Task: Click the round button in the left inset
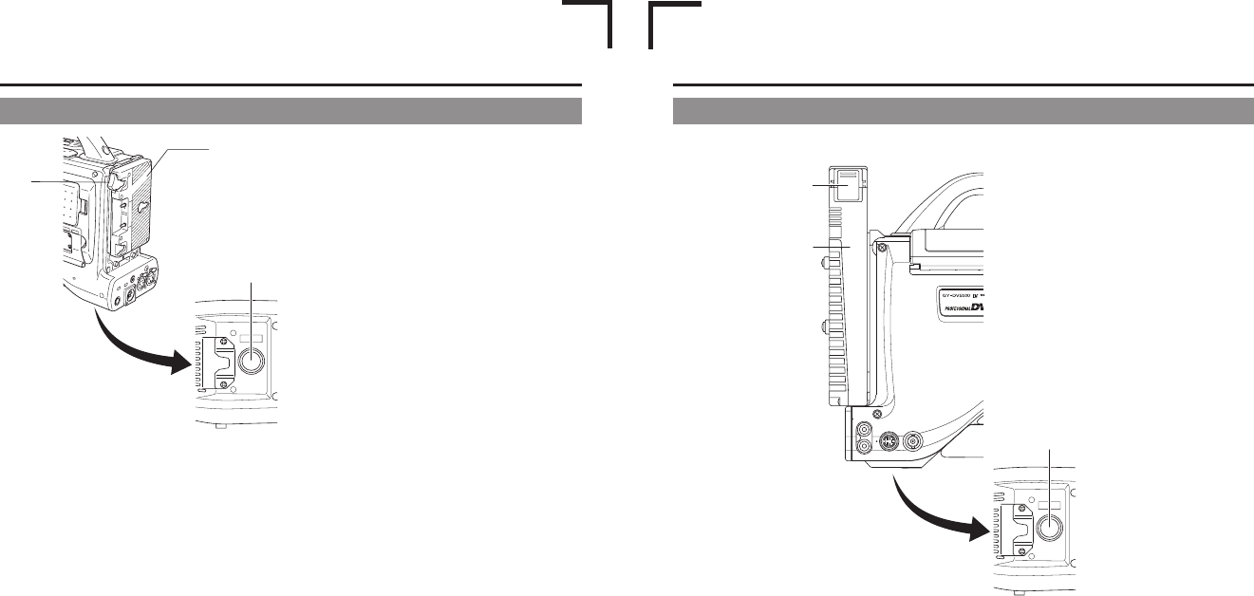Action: pyautogui.click(x=252, y=362)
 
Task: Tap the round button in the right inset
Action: pyautogui.click(x=1050, y=527)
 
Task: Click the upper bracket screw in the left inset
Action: pyautogui.click(x=224, y=343)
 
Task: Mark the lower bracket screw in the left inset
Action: pyautogui.click(x=224, y=384)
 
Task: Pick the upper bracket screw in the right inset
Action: pyautogui.click(x=1022, y=508)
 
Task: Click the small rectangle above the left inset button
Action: pyautogui.click(x=252, y=336)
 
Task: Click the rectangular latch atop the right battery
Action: pyautogui.click(x=846, y=184)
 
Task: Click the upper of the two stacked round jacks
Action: pyautogui.click(x=863, y=429)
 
